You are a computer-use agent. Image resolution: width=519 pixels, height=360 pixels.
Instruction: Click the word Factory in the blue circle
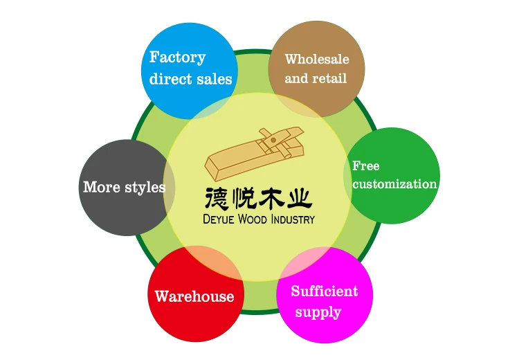[x=177, y=57]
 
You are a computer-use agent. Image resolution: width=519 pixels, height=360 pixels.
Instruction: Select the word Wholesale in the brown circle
[x=317, y=59]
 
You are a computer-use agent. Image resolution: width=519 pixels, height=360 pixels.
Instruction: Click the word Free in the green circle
[x=365, y=166]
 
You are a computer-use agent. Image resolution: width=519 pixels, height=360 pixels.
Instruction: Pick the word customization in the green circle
[x=394, y=184]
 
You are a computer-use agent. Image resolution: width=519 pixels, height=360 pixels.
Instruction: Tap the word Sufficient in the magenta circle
[x=324, y=291]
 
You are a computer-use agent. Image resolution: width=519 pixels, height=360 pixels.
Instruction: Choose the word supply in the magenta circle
[x=318, y=312]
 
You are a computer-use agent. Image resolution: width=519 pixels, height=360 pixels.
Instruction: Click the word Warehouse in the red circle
[x=194, y=296]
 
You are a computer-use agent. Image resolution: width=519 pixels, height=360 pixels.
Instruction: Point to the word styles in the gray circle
[x=145, y=187]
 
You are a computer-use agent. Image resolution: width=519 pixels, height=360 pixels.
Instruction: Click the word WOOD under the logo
[x=256, y=219]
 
